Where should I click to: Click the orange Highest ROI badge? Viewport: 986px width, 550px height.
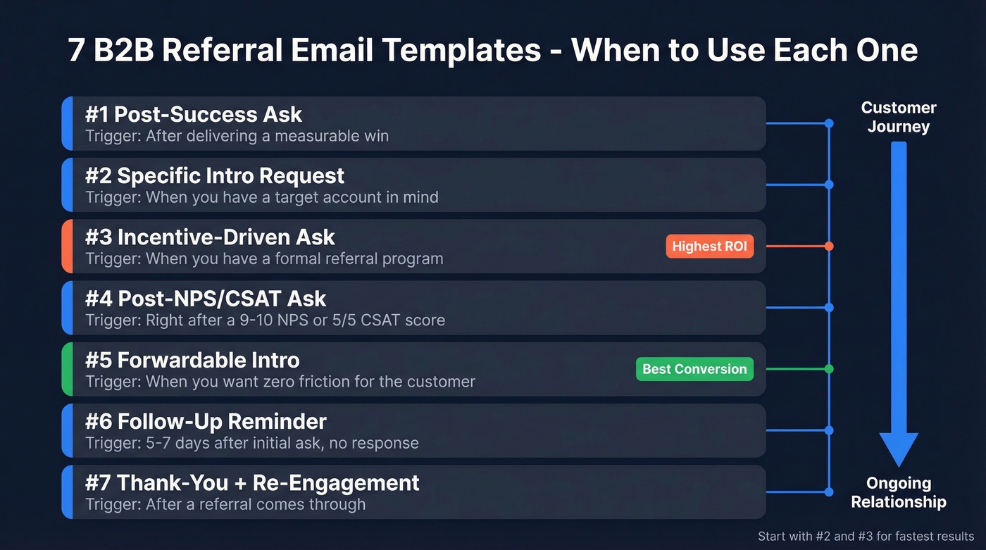(709, 246)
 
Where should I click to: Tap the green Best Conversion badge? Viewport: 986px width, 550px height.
(694, 369)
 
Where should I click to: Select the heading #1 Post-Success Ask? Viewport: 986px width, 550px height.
(194, 114)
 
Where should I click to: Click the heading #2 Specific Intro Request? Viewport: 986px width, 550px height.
(215, 175)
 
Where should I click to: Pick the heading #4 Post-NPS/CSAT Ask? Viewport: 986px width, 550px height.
(206, 299)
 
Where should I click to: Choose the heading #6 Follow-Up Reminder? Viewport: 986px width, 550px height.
(206, 421)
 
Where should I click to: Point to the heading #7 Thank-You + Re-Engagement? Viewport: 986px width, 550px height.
(252, 482)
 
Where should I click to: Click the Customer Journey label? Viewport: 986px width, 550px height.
(899, 117)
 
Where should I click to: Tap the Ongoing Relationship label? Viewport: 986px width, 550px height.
(899, 492)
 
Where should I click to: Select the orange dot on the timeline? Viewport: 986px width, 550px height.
(829, 246)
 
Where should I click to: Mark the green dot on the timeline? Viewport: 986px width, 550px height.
(829, 369)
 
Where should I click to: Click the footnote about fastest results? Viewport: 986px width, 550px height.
(866, 536)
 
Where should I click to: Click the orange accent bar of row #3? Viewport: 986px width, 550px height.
(66, 246)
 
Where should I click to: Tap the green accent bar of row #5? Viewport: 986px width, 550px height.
(66, 369)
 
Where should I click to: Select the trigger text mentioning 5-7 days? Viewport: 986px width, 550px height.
(252, 443)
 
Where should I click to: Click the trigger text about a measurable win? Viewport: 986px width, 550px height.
(237, 136)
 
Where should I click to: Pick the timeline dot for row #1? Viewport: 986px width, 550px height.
(829, 123)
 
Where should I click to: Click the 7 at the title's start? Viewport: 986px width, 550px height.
(76, 51)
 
